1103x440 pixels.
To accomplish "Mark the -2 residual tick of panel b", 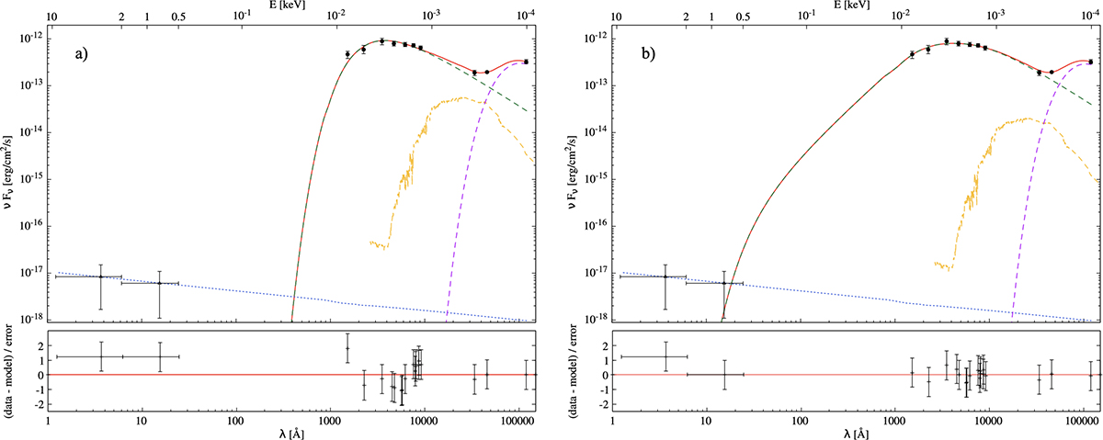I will pyautogui.click(x=600, y=405).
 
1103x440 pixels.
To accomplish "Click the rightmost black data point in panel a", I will pyautogui.click(x=525, y=62).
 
